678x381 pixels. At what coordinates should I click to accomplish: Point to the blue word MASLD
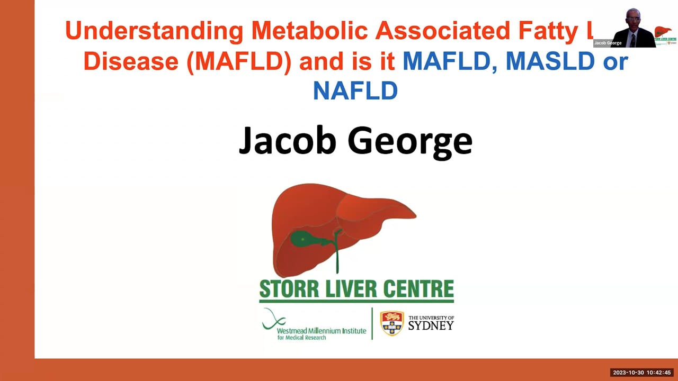(550, 61)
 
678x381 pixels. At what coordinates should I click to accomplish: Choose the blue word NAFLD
(355, 91)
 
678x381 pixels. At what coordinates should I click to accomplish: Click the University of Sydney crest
(392, 323)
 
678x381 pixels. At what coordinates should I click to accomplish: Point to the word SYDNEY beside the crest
(431, 325)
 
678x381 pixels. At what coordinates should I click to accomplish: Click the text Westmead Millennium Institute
(321, 331)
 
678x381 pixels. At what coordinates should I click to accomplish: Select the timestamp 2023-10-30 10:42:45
(642, 373)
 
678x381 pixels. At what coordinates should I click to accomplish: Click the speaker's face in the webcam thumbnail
(633, 19)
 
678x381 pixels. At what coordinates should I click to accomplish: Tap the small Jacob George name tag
(608, 43)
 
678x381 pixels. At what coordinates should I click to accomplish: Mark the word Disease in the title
(131, 61)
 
